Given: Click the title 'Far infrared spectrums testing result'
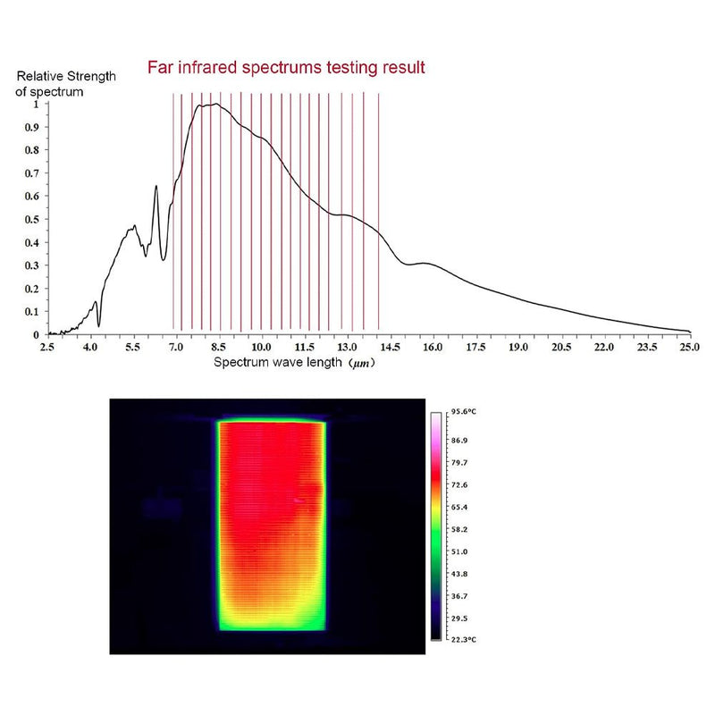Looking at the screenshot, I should click(286, 67).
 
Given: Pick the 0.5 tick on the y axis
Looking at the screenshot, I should click(33, 219).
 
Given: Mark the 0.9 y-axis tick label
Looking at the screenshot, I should click(33, 127).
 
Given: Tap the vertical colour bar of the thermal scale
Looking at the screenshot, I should click(436, 526).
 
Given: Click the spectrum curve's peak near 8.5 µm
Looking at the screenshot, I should click(214, 105).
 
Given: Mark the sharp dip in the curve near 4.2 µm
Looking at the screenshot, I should click(98, 324).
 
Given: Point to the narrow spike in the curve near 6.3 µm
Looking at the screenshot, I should click(156, 187).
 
